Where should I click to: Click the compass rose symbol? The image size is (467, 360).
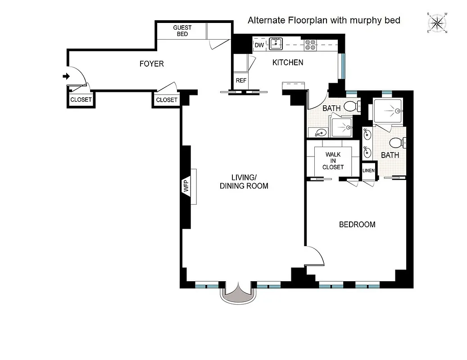point(437,23)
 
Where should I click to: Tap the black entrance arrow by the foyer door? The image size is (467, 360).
point(66,76)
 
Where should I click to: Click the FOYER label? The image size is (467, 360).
point(151,64)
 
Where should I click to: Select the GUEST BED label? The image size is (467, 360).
point(182,31)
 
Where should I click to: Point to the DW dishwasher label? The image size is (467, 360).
point(259,45)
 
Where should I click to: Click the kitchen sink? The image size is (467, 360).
point(276,44)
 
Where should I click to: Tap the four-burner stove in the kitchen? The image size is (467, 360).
point(310,45)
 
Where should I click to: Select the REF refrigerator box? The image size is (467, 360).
point(241,81)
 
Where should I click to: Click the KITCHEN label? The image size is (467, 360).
point(288,63)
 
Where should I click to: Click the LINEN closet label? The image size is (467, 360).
point(368,171)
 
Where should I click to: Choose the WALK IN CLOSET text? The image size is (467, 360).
point(333,161)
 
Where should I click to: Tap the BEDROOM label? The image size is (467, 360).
point(357,225)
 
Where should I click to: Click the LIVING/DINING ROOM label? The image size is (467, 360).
point(244,181)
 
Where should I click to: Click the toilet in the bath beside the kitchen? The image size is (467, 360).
point(351,107)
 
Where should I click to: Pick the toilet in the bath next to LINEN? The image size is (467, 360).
point(396,143)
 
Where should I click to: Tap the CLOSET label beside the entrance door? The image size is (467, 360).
point(81,100)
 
